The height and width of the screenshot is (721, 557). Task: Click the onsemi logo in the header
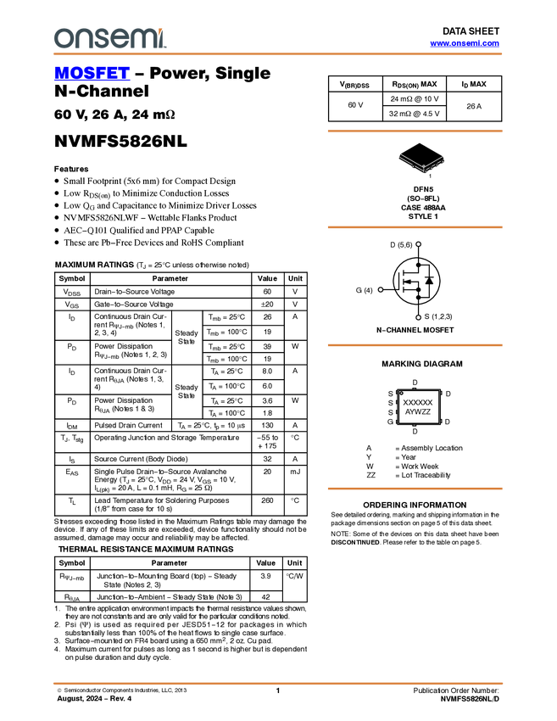(x=109, y=38)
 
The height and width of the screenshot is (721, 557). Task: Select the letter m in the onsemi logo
(x=140, y=39)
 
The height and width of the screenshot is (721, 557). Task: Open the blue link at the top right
(x=465, y=43)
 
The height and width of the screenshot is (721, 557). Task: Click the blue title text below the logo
(x=92, y=74)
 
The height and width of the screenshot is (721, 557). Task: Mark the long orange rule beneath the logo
(x=278, y=54)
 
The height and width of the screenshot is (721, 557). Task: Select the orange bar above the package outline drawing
(x=415, y=131)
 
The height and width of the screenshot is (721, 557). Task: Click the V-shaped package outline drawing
(x=422, y=162)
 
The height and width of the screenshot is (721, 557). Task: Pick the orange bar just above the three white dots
(x=415, y=227)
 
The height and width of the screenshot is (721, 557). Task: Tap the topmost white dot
(x=419, y=244)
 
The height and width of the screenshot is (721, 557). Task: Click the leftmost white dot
(x=380, y=290)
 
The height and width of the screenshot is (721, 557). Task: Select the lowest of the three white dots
(x=419, y=317)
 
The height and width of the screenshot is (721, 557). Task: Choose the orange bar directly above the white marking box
(x=415, y=345)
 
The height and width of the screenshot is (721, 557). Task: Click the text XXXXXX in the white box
(x=418, y=402)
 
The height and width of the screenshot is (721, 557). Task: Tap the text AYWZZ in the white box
(x=418, y=411)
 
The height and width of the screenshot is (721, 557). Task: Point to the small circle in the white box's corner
(x=401, y=393)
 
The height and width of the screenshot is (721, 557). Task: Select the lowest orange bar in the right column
(x=415, y=489)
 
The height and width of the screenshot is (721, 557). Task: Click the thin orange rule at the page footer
(x=278, y=683)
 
